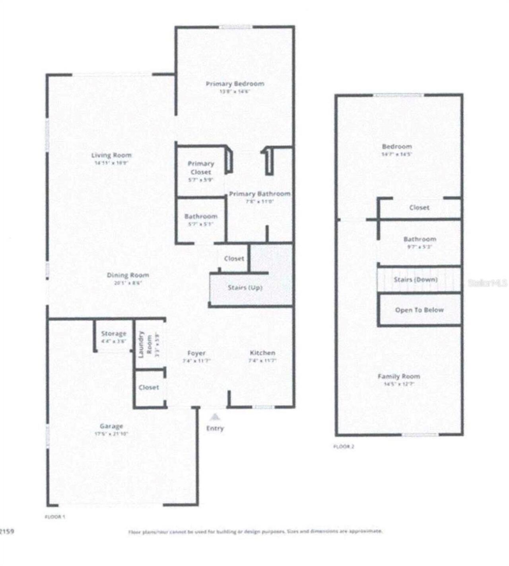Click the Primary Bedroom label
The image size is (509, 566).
click(x=235, y=84)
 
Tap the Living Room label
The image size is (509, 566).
click(x=111, y=156)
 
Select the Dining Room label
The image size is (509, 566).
click(x=128, y=275)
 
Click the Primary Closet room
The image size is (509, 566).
click(x=200, y=171)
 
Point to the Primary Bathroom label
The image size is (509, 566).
click(x=260, y=194)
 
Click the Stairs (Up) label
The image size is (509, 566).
click(x=245, y=287)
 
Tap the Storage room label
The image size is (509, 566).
click(x=113, y=334)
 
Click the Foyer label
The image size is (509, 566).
click(x=196, y=353)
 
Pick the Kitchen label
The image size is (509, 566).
click(x=262, y=353)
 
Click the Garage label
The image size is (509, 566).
click(x=111, y=426)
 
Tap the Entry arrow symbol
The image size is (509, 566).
click(x=215, y=417)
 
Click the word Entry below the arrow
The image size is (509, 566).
click(x=215, y=428)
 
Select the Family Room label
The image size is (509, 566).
click(x=398, y=376)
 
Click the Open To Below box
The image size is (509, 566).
click(x=419, y=310)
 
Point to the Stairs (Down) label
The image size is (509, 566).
click(x=416, y=279)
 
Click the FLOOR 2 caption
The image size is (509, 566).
click(x=344, y=447)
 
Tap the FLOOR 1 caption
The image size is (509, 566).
click(x=54, y=517)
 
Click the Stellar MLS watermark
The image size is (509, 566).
click(x=487, y=283)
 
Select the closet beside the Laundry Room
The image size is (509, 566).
click(x=149, y=387)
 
